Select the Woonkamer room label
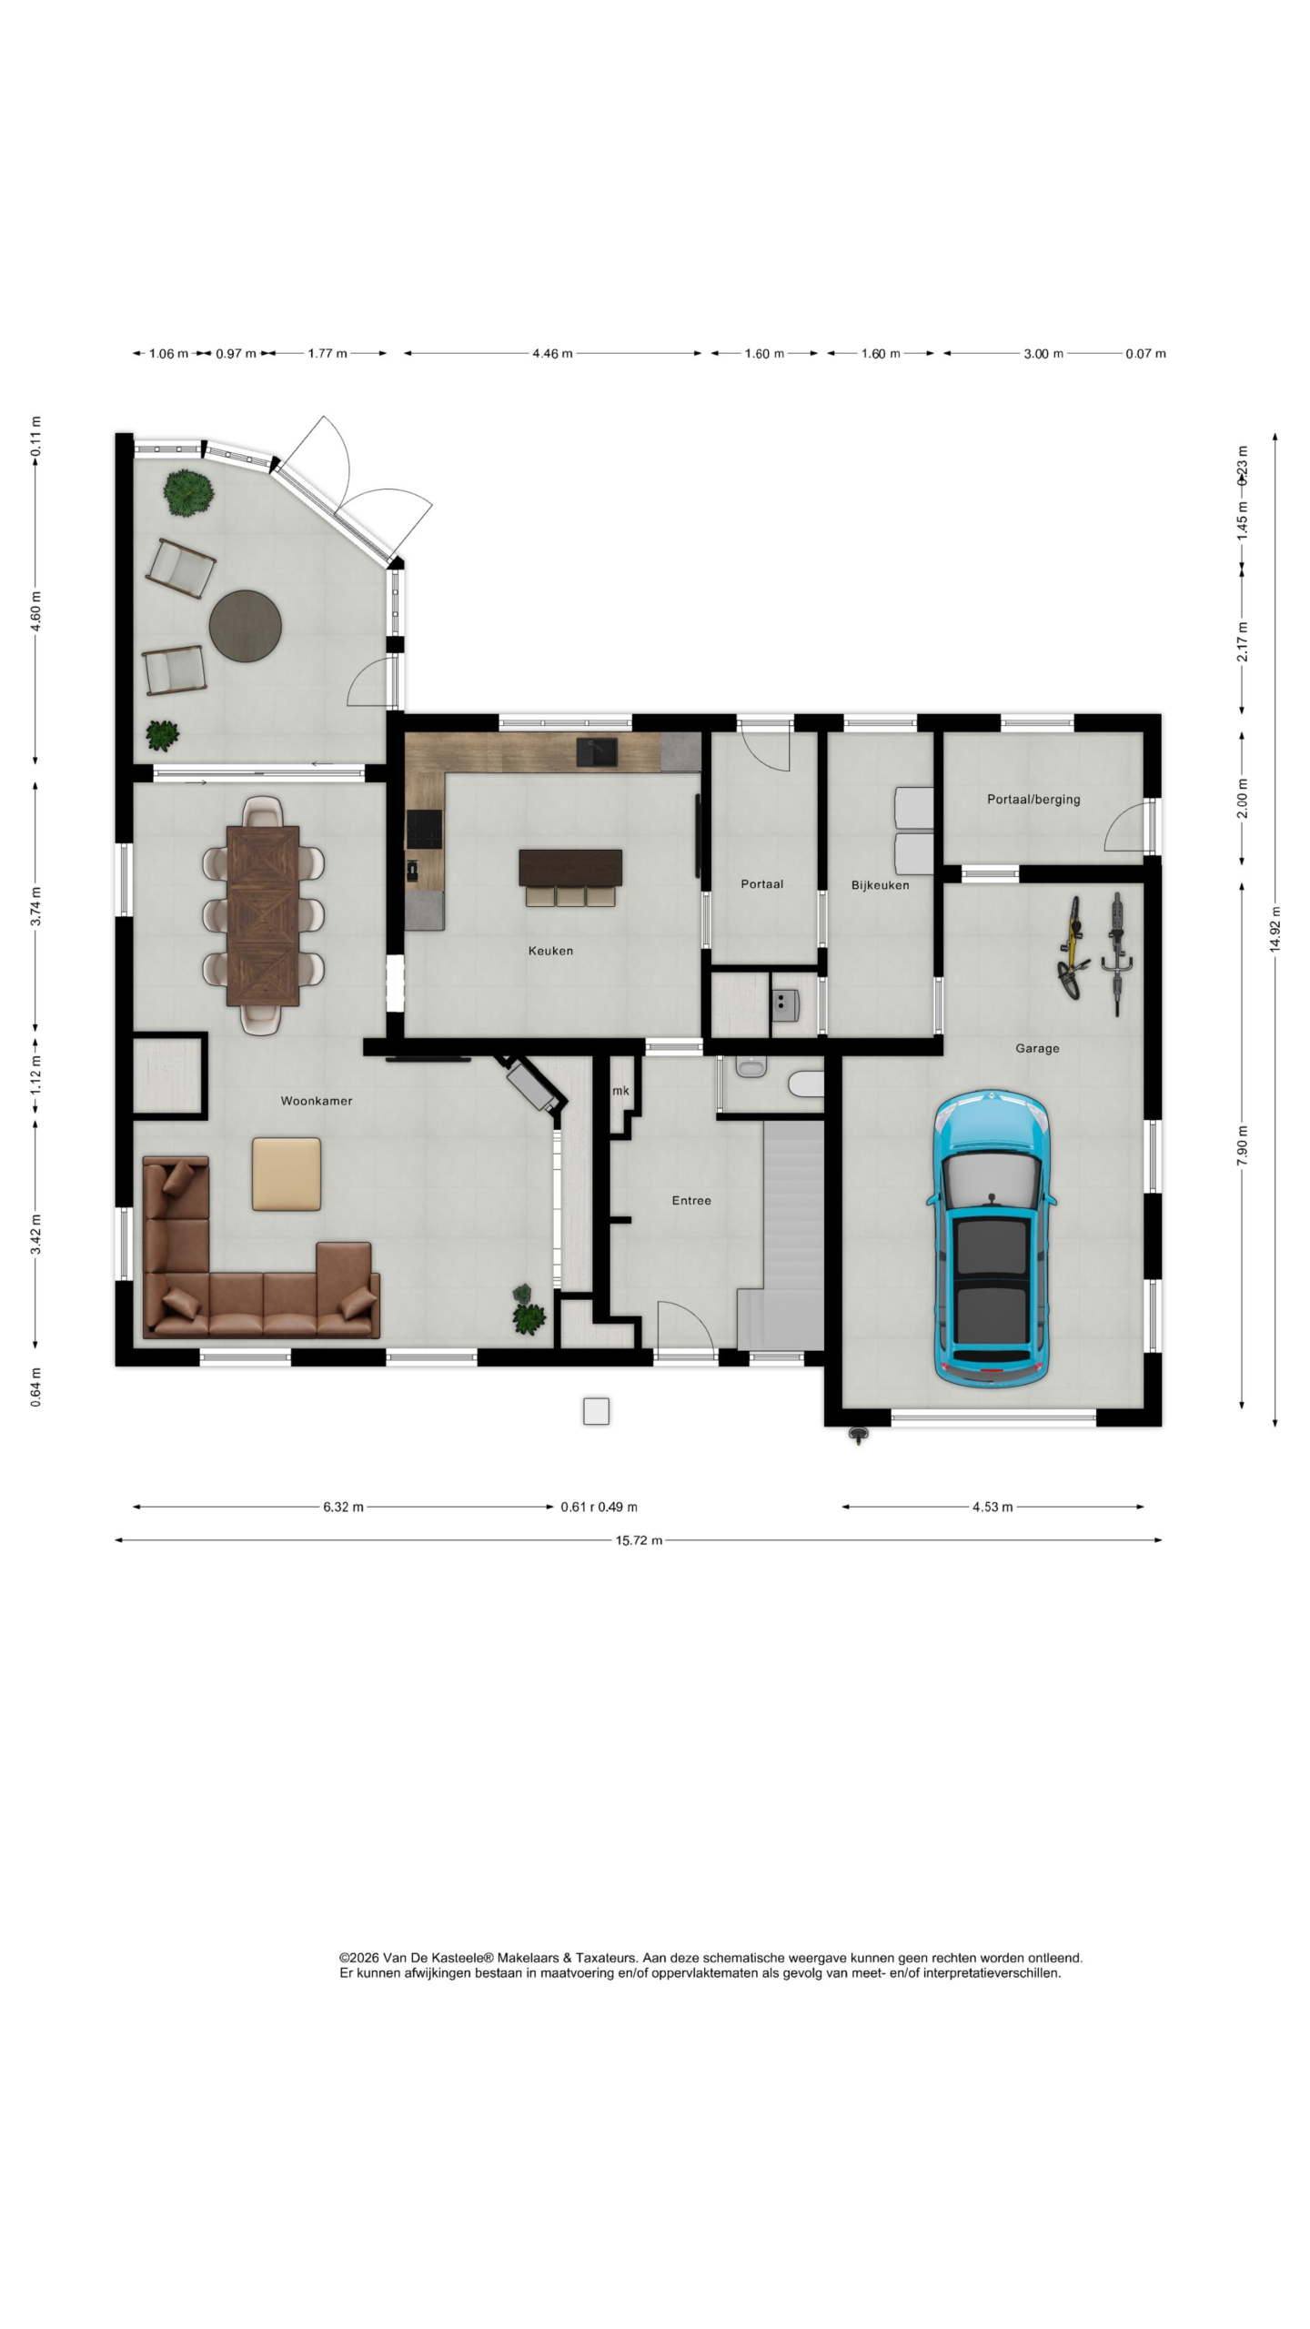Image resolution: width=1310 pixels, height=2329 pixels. click(x=316, y=1101)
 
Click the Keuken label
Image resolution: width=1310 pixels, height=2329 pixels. click(x=550, y=951)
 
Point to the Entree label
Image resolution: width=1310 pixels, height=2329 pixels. click(x=691, y=1201)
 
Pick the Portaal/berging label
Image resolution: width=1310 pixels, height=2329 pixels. click(x=1033, y=800)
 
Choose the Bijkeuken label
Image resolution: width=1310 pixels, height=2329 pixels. click(x=880, y=885)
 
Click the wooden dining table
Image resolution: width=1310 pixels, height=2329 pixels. click(x=263, y=915)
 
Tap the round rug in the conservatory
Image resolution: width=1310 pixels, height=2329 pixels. click(x=246, y=626)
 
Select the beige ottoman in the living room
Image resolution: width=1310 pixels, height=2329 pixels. click(x=287, y=1174)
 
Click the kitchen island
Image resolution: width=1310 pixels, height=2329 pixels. click(x=570, y=868)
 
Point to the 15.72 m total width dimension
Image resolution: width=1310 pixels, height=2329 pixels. click(x=639, y=1540)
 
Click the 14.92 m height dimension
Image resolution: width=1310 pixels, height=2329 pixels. click(x=1275, y=929)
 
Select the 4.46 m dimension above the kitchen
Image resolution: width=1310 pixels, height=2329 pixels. click(x=552, y=353)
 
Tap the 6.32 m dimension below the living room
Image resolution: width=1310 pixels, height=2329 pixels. click(x=343, y=1507)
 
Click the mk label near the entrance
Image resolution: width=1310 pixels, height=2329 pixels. click(x=620, y=1091)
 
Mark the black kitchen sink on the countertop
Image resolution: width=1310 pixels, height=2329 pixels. click(x=597, y=751)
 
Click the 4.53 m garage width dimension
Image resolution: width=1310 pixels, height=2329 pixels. click(x=993, y=1507)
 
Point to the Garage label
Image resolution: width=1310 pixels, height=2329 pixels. click(x=1037, y=1048)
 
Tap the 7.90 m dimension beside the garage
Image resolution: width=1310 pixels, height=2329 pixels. click(x=1243, y=1144)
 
